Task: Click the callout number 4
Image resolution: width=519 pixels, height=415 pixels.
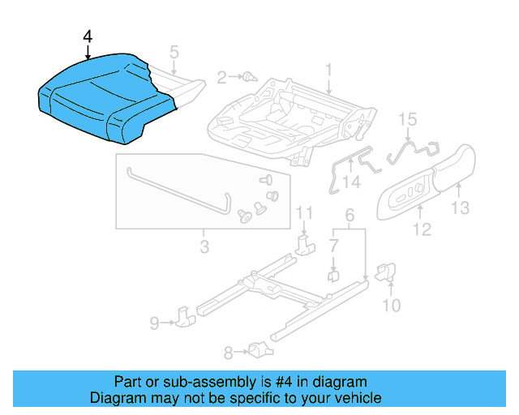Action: (x=88, y=37)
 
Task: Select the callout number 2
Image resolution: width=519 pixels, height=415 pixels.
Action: (x=221, y=78)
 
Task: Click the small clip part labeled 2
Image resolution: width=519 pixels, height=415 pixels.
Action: (x=248, y=78)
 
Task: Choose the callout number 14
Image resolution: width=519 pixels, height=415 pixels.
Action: (x=350, y=183)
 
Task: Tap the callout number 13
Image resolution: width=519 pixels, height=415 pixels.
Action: (x=460, y=209)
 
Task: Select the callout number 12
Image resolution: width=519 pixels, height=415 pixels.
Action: (x=421, y=230)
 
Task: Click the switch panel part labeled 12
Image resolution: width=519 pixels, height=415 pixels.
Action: (x=408, y=197)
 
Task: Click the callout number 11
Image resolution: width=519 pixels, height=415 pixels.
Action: (x=303, y=213)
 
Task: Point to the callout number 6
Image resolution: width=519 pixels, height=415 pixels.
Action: (x=350, y=216)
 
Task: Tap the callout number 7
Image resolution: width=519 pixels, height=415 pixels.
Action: (x=333, y=244)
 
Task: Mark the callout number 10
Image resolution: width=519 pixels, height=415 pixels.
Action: (x=391, y=305)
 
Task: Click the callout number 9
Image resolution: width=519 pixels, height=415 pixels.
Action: (x=154, y=324)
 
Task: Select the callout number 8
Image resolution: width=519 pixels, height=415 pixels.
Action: (x=228, y=352)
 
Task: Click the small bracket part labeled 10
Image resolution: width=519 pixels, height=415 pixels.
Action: (x=387, y=272)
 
